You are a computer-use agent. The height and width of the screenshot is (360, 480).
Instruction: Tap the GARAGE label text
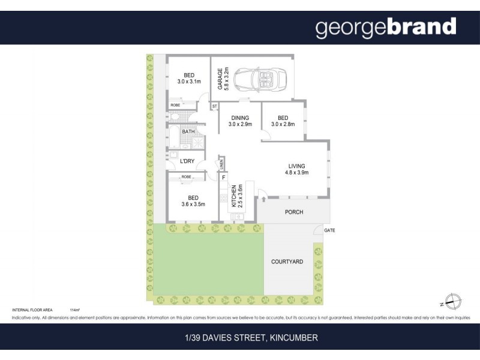(x=220, y=79)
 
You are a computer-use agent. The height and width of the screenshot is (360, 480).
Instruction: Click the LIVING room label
(x=296, y=166)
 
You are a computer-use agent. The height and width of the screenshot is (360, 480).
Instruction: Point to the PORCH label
(x=294, y=212)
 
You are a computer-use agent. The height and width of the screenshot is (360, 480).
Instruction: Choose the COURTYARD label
(x=287, y=262)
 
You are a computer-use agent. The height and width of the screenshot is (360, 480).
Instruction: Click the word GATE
(x=329, y=230)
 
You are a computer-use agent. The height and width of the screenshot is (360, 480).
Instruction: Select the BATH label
(x=188, y=131)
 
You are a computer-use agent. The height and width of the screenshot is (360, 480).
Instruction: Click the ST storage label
(x=214, y=106)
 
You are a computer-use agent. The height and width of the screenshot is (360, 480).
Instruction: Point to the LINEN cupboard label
(x=221, y=163)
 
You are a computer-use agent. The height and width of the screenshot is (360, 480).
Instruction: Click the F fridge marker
(x=224, y=178)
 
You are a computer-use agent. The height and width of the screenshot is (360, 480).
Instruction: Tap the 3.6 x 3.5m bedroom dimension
(x=193, y=204)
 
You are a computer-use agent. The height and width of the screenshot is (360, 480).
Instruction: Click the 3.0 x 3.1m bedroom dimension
(x=190, y=81)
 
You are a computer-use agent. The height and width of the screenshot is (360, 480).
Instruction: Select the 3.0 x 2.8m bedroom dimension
(x=283, y=124)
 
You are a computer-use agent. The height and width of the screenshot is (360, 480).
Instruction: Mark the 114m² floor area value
(x=75, y=310)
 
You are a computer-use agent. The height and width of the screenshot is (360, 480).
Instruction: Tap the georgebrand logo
(x=386, y=27)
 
